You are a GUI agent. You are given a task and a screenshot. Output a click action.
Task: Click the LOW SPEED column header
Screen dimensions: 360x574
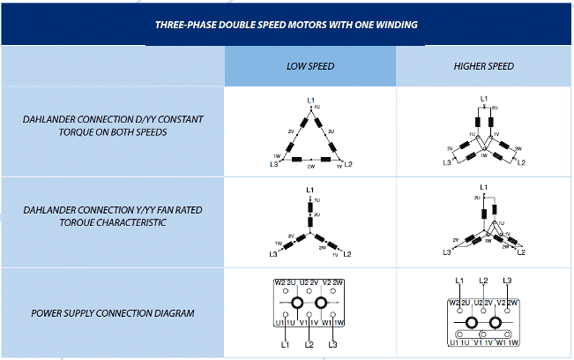pos(309,66)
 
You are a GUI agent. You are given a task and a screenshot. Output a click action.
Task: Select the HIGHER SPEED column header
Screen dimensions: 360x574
pos(483,66)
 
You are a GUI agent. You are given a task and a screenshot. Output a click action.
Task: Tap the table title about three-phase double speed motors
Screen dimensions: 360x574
pos(286,25)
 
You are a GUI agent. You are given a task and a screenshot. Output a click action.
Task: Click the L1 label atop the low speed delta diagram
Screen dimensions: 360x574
pos(309,99)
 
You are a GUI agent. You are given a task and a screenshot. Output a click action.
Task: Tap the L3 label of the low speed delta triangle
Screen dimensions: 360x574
pos(275,165)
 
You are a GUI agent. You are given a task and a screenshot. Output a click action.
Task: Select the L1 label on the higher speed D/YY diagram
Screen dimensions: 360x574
pos(484,98)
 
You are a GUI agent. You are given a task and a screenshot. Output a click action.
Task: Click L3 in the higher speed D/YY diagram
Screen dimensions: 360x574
pos(447,163)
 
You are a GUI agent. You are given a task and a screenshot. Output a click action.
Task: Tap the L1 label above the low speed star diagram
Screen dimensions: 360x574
pos(309,190)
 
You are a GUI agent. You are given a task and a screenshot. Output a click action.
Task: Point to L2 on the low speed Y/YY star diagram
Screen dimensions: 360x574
pos(347,254)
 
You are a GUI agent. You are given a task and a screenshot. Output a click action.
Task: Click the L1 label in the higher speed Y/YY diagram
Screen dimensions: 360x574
pos(484,187)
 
